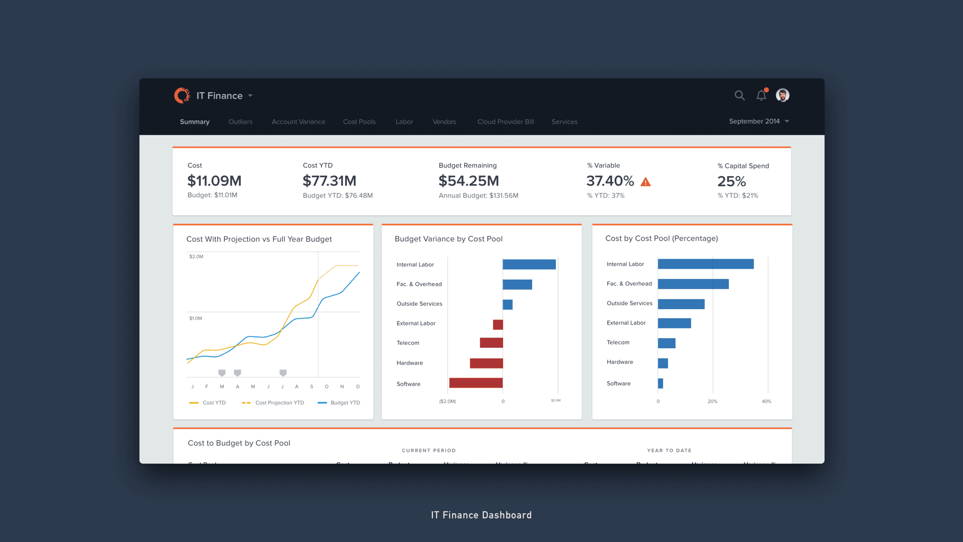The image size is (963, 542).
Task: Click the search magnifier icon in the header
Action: pyautogui.click(x=739, y=96)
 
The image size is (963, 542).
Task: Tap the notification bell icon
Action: pyautogui.click(x=761, y=96)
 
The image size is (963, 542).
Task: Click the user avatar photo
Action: pyautogui.click(x=782, y=96)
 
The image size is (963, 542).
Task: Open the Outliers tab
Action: pyautogui.click(x=240, y=122)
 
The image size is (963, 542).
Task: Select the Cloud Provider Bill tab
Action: pyautogui.click(x=505, y=122)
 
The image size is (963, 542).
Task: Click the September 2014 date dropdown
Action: pyautogui.click(x=758, y=121)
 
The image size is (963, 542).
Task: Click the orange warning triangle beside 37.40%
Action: pyautogui.click(x=646, y=182)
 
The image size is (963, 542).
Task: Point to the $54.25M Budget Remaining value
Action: pyautogui.click(x=468, y=181)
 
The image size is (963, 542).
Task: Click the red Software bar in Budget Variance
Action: pyautogui.click(x=476, y=383)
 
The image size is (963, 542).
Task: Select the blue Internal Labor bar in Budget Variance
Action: pyautogui.click(x=529, y=264)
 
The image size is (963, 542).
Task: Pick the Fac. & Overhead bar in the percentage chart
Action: pyautogui.click(x=693, y=284)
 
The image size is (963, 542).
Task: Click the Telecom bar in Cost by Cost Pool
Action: pyautogui.click(x=666, y=343)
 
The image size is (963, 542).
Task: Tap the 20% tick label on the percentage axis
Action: pyautogui.click(x=712, y=401)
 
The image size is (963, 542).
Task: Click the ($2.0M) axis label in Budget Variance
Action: pyautogui.click(x=447, y=401)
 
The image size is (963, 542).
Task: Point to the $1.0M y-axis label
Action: pyautogui.click(x=196, y=319)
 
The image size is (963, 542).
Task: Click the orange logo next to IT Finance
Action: pyautogui.click(x=182, y=96)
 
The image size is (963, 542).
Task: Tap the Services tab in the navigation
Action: pyautogui.click(x=564, y=122)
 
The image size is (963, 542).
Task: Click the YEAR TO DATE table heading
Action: pyautogui.click(x=669, y=451)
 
